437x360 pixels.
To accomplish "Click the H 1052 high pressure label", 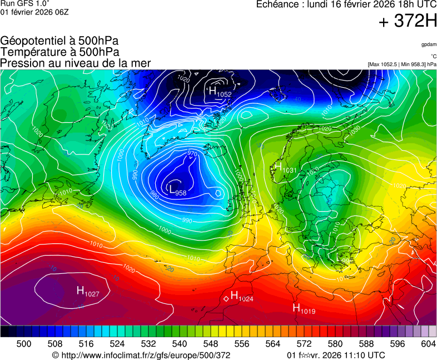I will pyautogui.click(x=220, y=92).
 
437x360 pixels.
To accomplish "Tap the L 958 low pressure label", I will pyautogui.click(x=177, y=191).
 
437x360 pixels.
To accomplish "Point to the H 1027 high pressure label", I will pyautogui.click(x=88, y=291).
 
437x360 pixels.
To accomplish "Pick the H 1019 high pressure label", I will pyautogui.click(x=304, y=309).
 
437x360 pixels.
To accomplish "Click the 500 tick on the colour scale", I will pyautogui.click(x=24, y=344).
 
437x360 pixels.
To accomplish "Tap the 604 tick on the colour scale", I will pyautogui.click(x=428, y=344).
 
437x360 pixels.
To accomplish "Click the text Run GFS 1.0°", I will pyautogui.click(x=25, y=4).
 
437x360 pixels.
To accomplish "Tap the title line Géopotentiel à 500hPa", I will pyautogui.click(x=59, y=41).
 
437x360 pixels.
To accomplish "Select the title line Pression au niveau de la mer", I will pyautogui.click(x=76, y=63).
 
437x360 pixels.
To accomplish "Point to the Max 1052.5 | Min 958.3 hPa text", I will pyautogui.click(x=402, y=64).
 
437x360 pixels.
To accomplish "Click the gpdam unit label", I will pyautogui.click(x=428, y=44).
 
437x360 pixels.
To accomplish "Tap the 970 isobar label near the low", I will pyautogui.click(x=192, y=154).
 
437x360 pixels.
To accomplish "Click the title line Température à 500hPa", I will pyautogui.click(x=59, y=52).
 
